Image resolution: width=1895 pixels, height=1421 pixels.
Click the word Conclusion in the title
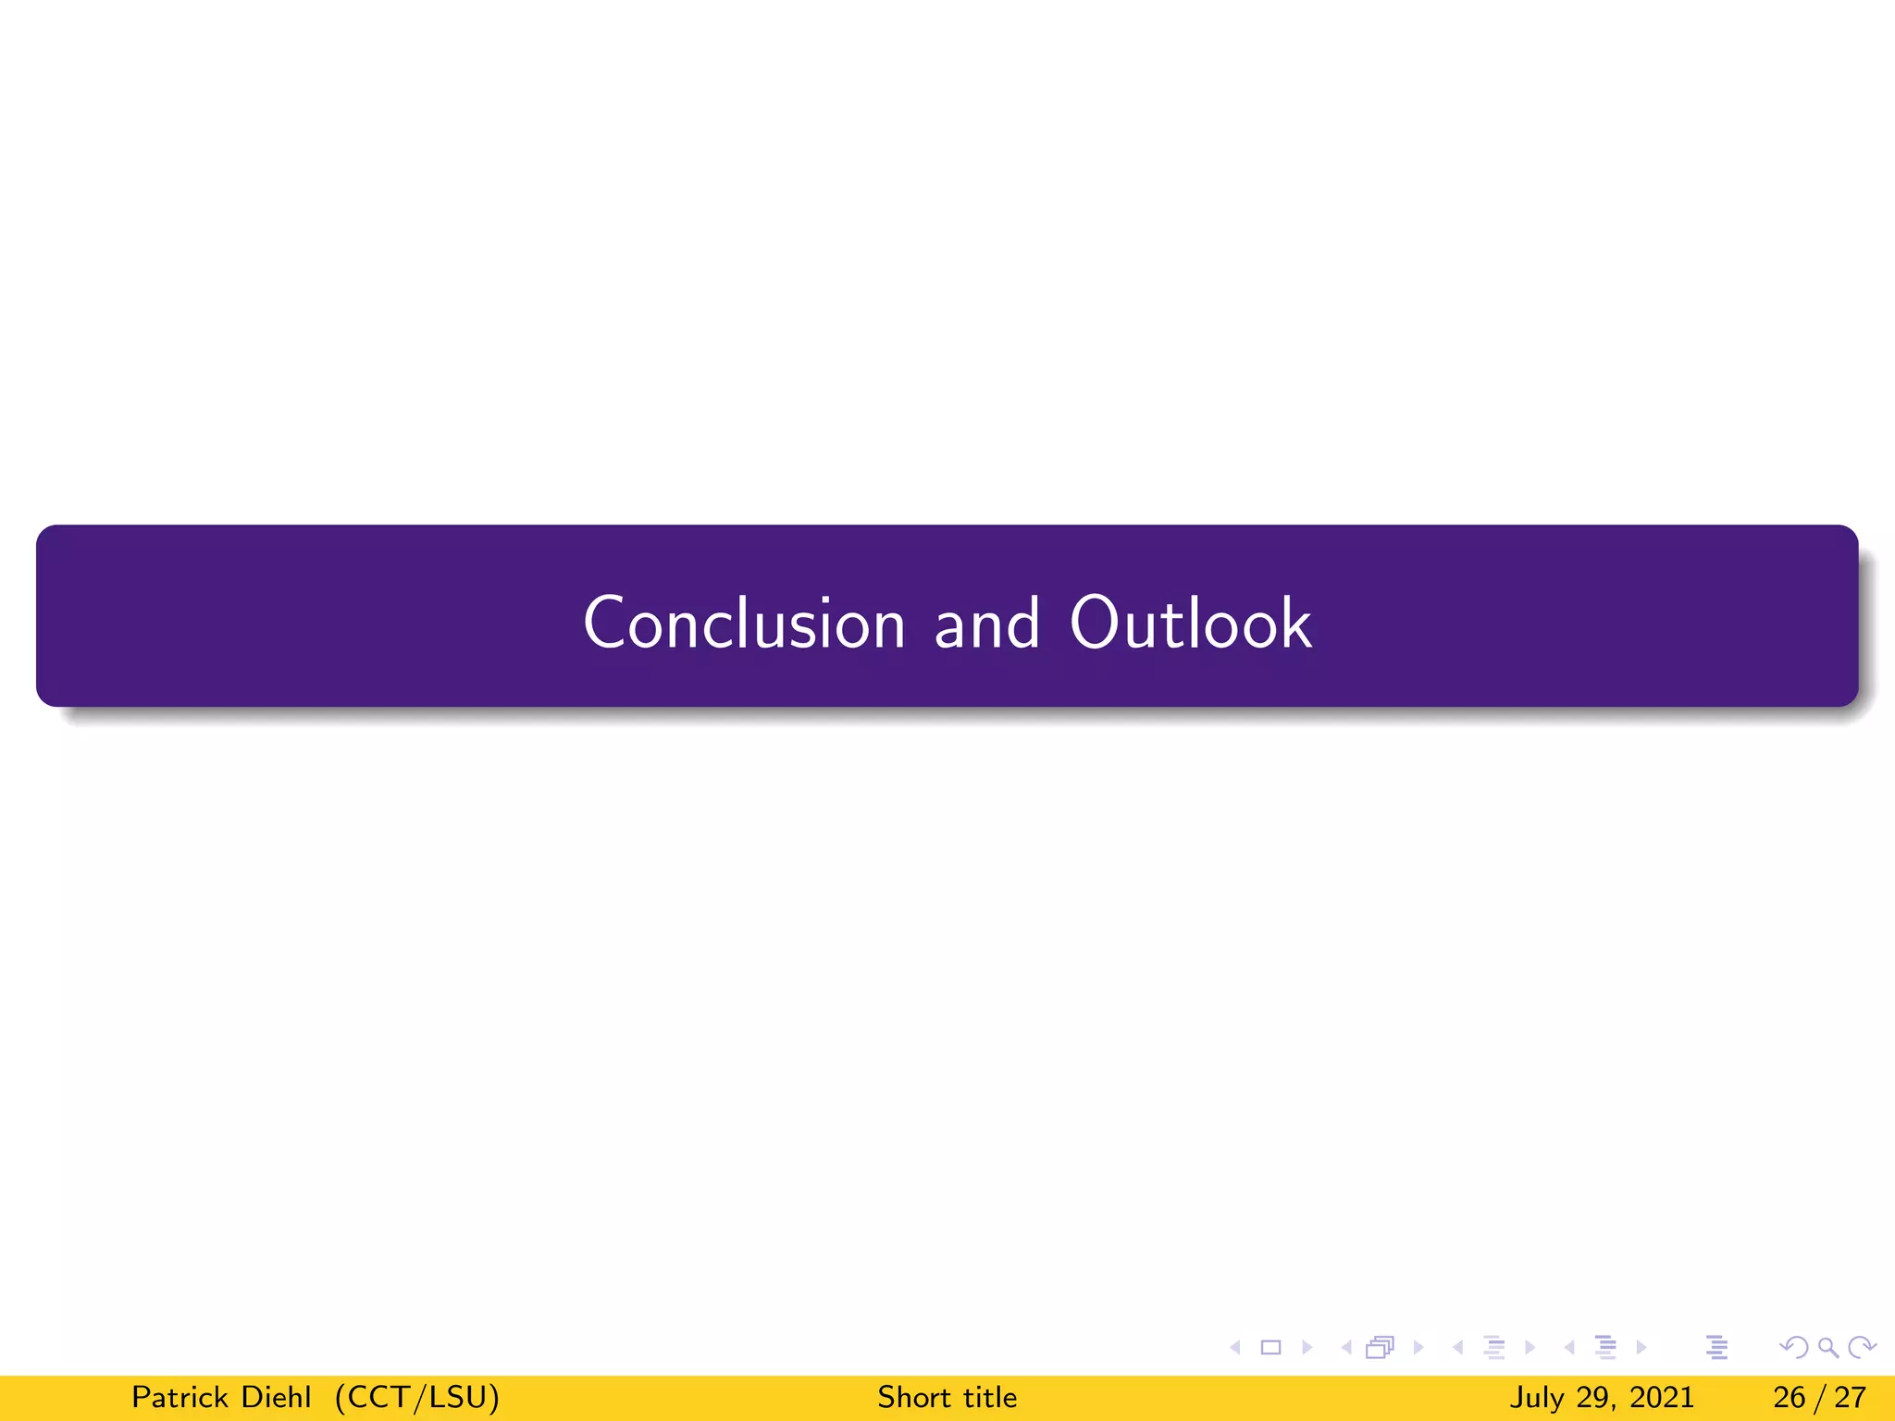pos(744,623)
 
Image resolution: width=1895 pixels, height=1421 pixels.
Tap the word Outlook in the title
pos(1190,623)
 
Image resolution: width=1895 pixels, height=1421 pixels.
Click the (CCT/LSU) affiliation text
pos(417,1397)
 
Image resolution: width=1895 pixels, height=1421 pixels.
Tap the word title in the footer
pos(990,1397)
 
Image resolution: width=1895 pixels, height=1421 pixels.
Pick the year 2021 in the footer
pos(1662,1397)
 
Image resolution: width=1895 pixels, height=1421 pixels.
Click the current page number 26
pos(1790,1397)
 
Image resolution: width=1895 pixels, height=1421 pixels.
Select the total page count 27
pos(1851,1397)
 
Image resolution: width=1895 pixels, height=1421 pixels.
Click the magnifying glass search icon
pos(1828,1347)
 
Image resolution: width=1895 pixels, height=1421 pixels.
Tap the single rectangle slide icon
pos(1271,1347)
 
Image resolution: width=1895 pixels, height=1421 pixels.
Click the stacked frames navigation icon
pos(1380,1347)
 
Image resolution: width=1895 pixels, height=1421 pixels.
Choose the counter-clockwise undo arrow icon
pos(1794,1347)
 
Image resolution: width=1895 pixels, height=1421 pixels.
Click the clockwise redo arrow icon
pos(1862,1347)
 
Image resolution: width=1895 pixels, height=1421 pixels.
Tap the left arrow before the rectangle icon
pos(1235,1347)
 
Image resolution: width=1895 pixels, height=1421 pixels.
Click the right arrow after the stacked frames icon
pos(1418,1347)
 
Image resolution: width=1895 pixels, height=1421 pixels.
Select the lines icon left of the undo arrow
pos(1717,1347)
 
